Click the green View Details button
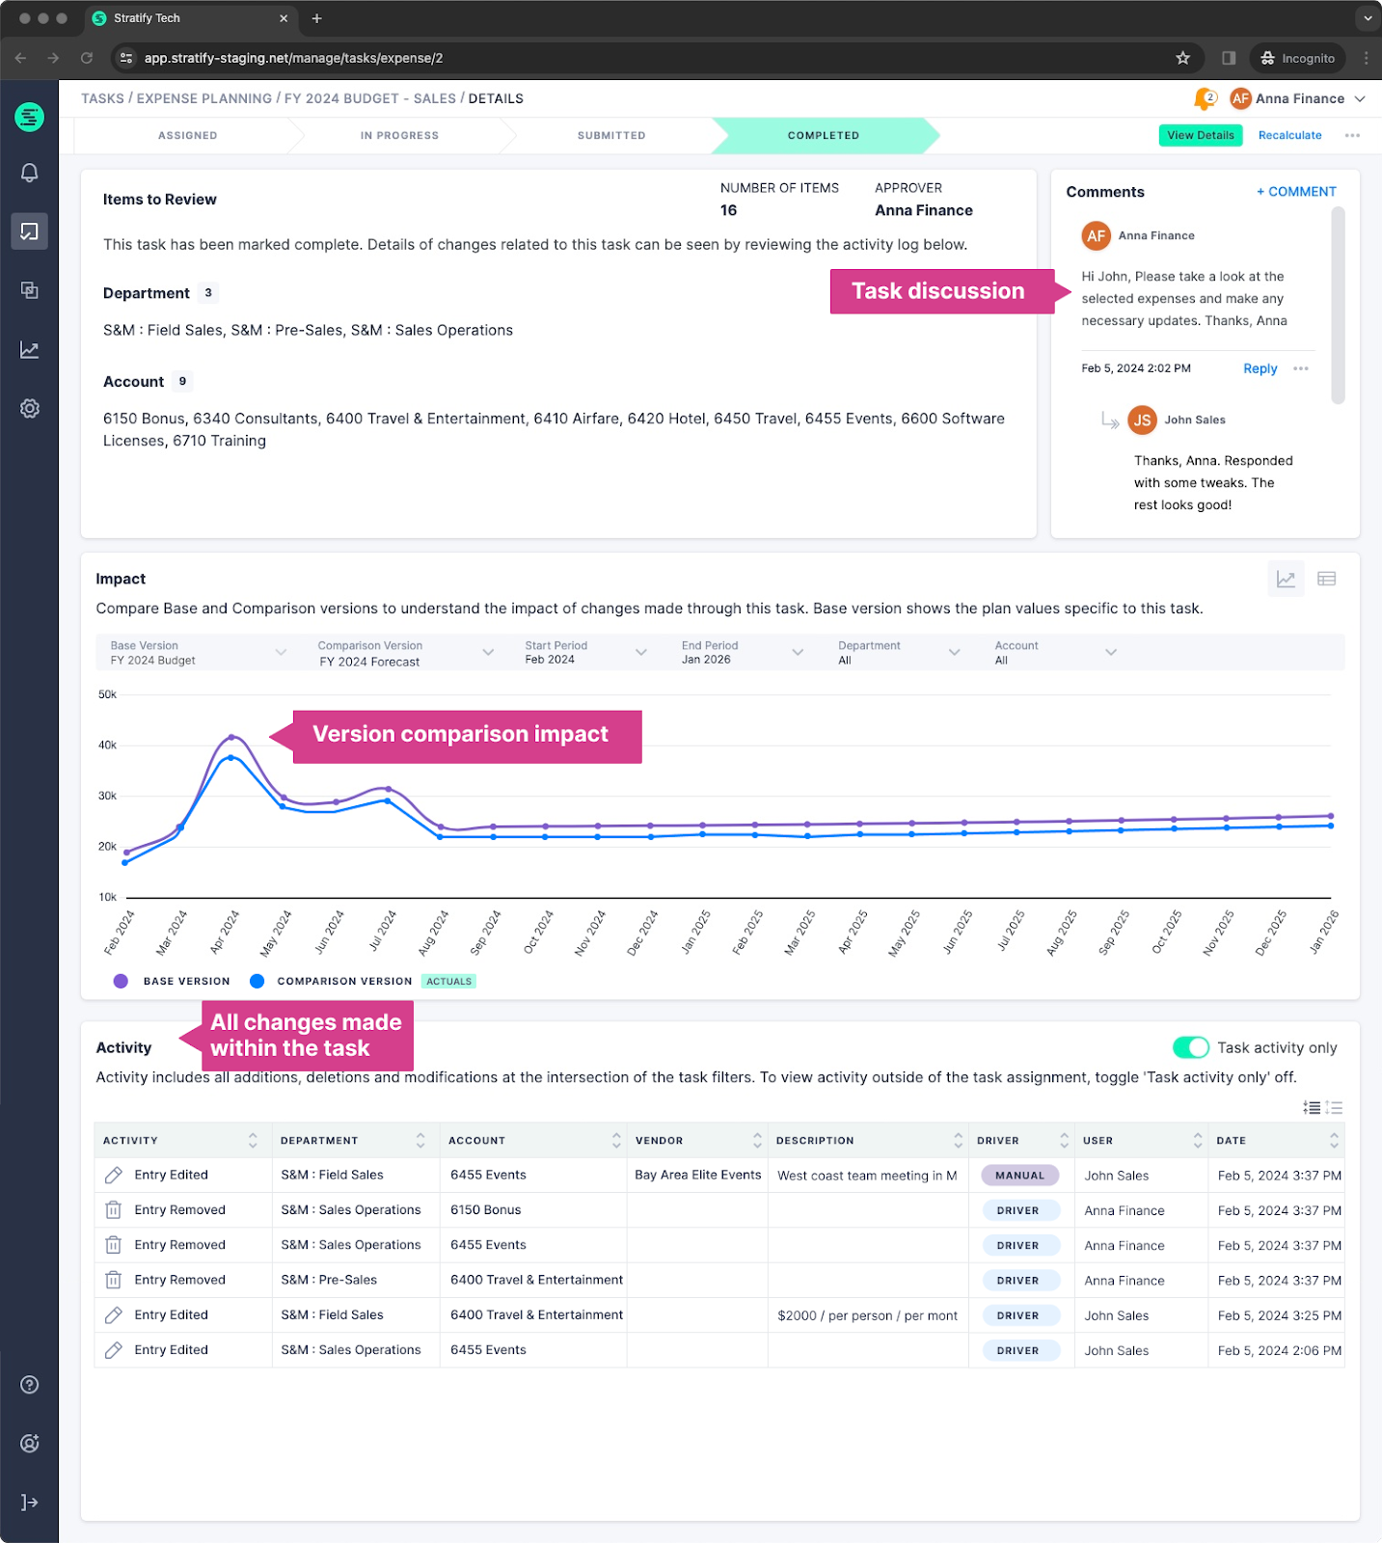click(x=1200, y=135)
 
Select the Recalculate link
click(x=1289, y=135)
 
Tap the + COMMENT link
click(x=1296, y=192)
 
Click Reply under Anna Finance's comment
click(x=1260, y=368)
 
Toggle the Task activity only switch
click(x=1190, y=1047)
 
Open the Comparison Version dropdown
click(x=406, y=653)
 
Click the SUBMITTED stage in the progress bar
click(x=611, y=136)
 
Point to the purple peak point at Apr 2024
click(x=231, y=737)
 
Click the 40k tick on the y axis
click(x=107, y=745)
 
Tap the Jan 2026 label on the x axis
click(x=1323, y=933)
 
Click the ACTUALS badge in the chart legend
click(x=448, y=982)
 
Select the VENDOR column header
click(x=660, y=1141)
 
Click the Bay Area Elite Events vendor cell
click(x=698, y=1175)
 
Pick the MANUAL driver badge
click(x=1019, y=1176)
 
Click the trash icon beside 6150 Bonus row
click(x=113, y=1210)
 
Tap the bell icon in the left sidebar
click(x=30, y=173)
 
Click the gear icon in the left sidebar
click(x=30, y=409)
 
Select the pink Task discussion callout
click(x=938, y=291)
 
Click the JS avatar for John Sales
click(x=1142, y=420)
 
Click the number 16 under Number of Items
click(x=728, y=210)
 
